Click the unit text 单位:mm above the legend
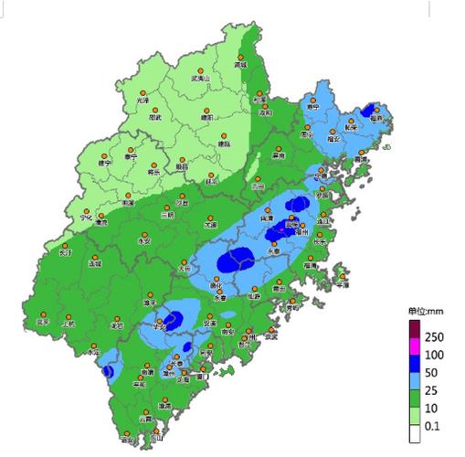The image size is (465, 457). click(x=425, y=311)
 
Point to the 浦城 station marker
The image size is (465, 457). click(x=241, y=59)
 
